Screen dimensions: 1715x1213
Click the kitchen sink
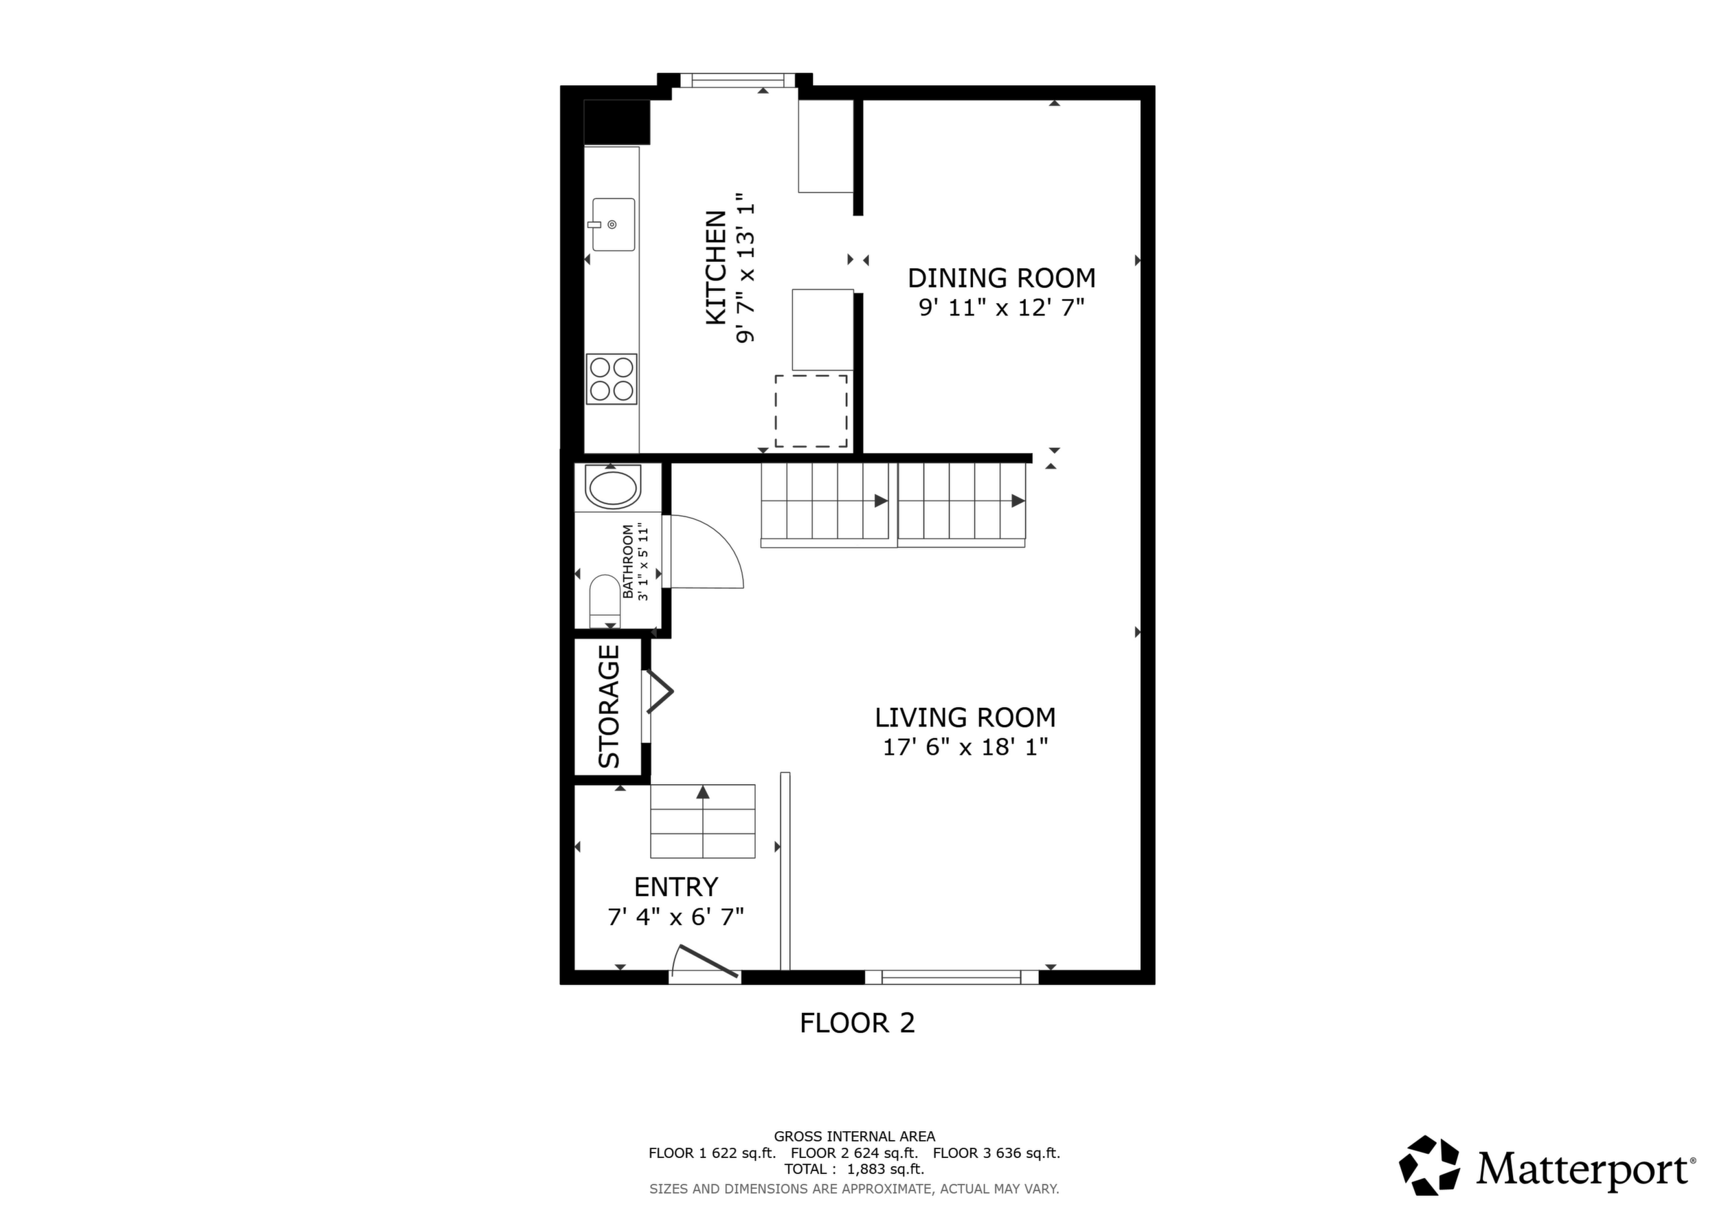coord(614,224)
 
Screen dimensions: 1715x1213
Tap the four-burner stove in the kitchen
coord(612,379)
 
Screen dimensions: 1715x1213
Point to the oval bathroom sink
coord(612,488)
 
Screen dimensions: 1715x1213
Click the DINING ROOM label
coord(1002,278)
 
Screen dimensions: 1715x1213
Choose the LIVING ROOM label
coord(965,717)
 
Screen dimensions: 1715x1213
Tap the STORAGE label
coord(609,706)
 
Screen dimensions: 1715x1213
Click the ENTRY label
coord(676,887)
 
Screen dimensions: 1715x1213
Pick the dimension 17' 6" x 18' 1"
coord(966,747)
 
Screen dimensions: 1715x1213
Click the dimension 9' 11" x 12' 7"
coord(1002,307)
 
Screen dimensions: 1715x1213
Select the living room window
coord(952,977)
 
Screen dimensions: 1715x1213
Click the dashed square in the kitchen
coord(811,411)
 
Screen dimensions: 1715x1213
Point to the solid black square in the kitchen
coord(617,122)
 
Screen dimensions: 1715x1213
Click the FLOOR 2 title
coord(857,1023)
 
